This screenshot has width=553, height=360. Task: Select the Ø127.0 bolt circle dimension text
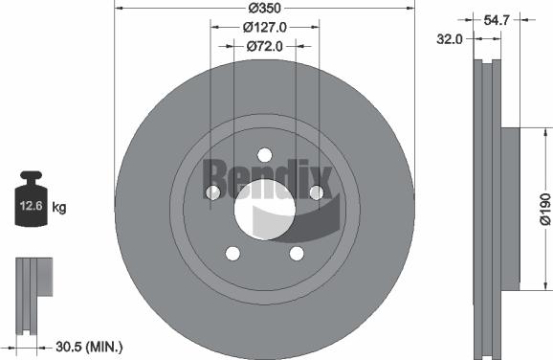pos(262,27)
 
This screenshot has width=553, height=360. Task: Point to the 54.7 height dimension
pos(494,19)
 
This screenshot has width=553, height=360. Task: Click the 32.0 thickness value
pos(450,39)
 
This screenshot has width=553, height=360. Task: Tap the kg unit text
pos(58,206)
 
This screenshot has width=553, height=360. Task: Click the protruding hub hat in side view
pos(508,208)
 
